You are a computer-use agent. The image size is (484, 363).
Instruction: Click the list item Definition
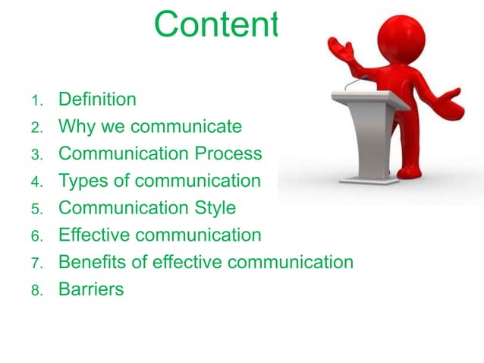pyautogui.click(x=97, y=99)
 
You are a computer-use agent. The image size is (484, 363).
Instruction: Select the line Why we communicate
pyautogui.click(x=149, y=126)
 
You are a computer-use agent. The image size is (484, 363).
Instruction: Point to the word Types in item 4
pyautogui.click(x=82, y=181)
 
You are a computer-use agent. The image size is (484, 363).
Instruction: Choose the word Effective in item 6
pyautogui.click(x=95, y=235)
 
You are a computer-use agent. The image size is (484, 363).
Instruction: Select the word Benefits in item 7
pyautogui.click(x=95, y=263)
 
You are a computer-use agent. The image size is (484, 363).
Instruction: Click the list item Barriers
pyautogui.click(x=90, y=289)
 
